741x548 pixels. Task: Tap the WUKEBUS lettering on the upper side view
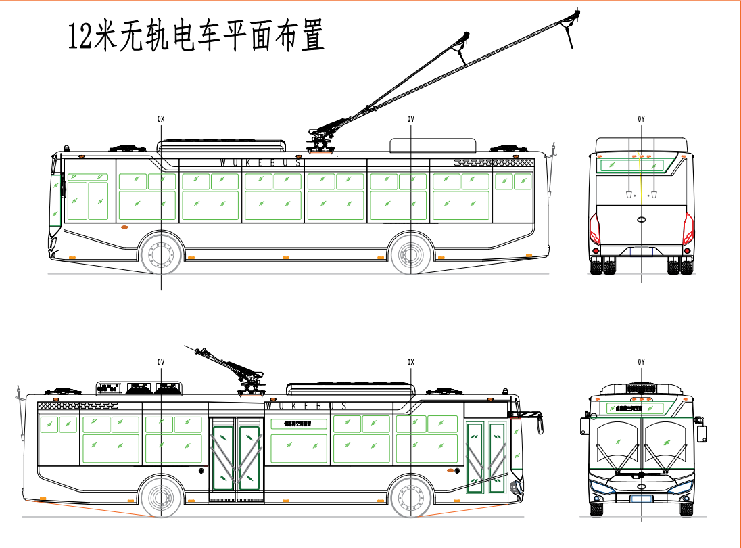tap(262, 162)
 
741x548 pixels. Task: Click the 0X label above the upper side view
tap(161, 119)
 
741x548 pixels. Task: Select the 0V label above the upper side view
tap(410, 119)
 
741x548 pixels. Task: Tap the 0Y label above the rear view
tap(641, 119)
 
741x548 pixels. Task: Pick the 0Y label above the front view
tap(641, 362)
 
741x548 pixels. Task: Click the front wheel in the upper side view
tap(162, 254)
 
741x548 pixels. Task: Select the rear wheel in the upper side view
tap(410, 254)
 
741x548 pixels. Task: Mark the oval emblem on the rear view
tap(641, 219)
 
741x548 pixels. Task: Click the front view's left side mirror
tap(584, 426)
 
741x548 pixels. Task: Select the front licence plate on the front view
tap(641, 499)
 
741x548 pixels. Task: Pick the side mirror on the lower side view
tap(539, 423)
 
